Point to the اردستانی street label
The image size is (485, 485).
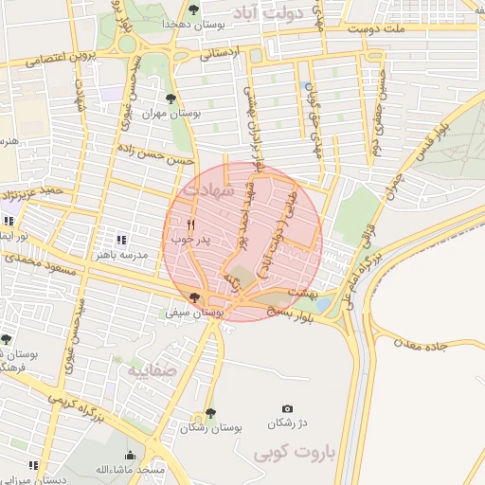pos(225,54)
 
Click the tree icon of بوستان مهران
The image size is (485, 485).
pos(170,99)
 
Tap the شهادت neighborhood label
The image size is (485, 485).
pos(207,190)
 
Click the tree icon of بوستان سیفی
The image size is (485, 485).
pos(194,297)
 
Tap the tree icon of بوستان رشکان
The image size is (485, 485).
pos(210,413)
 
